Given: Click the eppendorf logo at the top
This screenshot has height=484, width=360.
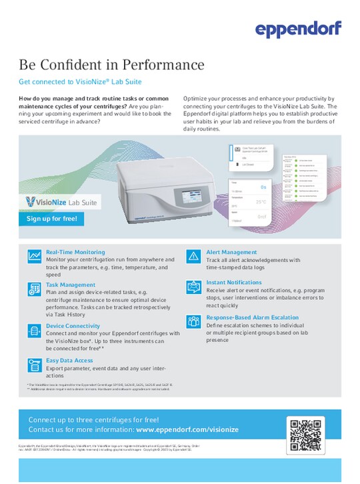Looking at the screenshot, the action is [x=298, y=28].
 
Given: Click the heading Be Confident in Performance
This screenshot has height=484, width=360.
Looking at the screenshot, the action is [x=111, y=65].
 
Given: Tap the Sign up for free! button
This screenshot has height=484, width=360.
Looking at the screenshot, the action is [x=51, y=219].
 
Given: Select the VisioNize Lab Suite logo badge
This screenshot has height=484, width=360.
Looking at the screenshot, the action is [x=61, y=201].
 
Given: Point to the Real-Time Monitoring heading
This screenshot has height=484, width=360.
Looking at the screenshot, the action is [x=75, y=253].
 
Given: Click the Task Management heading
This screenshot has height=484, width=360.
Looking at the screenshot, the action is [x=70, y=285].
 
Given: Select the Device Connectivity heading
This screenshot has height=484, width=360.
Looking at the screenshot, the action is [x=73, y=325].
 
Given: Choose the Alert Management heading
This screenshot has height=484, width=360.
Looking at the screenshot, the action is [x=231, y=253].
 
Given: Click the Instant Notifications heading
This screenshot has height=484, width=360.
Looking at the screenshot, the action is [x=233, y=283].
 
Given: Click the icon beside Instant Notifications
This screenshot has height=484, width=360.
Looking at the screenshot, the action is [x=194, y=287].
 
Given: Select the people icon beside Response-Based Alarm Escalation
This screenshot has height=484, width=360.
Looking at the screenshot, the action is [x=194, y=321].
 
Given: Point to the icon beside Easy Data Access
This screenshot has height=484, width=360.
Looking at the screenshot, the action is [x=33, y=364].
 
